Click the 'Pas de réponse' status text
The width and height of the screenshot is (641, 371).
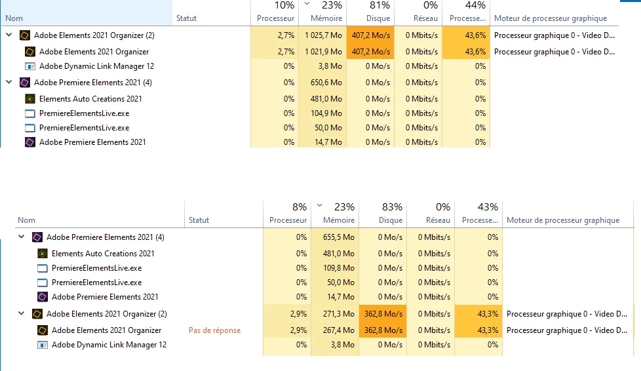click(214, 330)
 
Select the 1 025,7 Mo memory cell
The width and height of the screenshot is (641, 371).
click(323, 35)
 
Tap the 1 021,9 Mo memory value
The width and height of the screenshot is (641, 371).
click(323, 52)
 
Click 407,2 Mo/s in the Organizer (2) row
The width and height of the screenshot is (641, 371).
click(370, 35)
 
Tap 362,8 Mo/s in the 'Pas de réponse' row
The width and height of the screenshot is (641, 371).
click(383, 330)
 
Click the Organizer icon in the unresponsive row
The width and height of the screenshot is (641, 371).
click(43, 330)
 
